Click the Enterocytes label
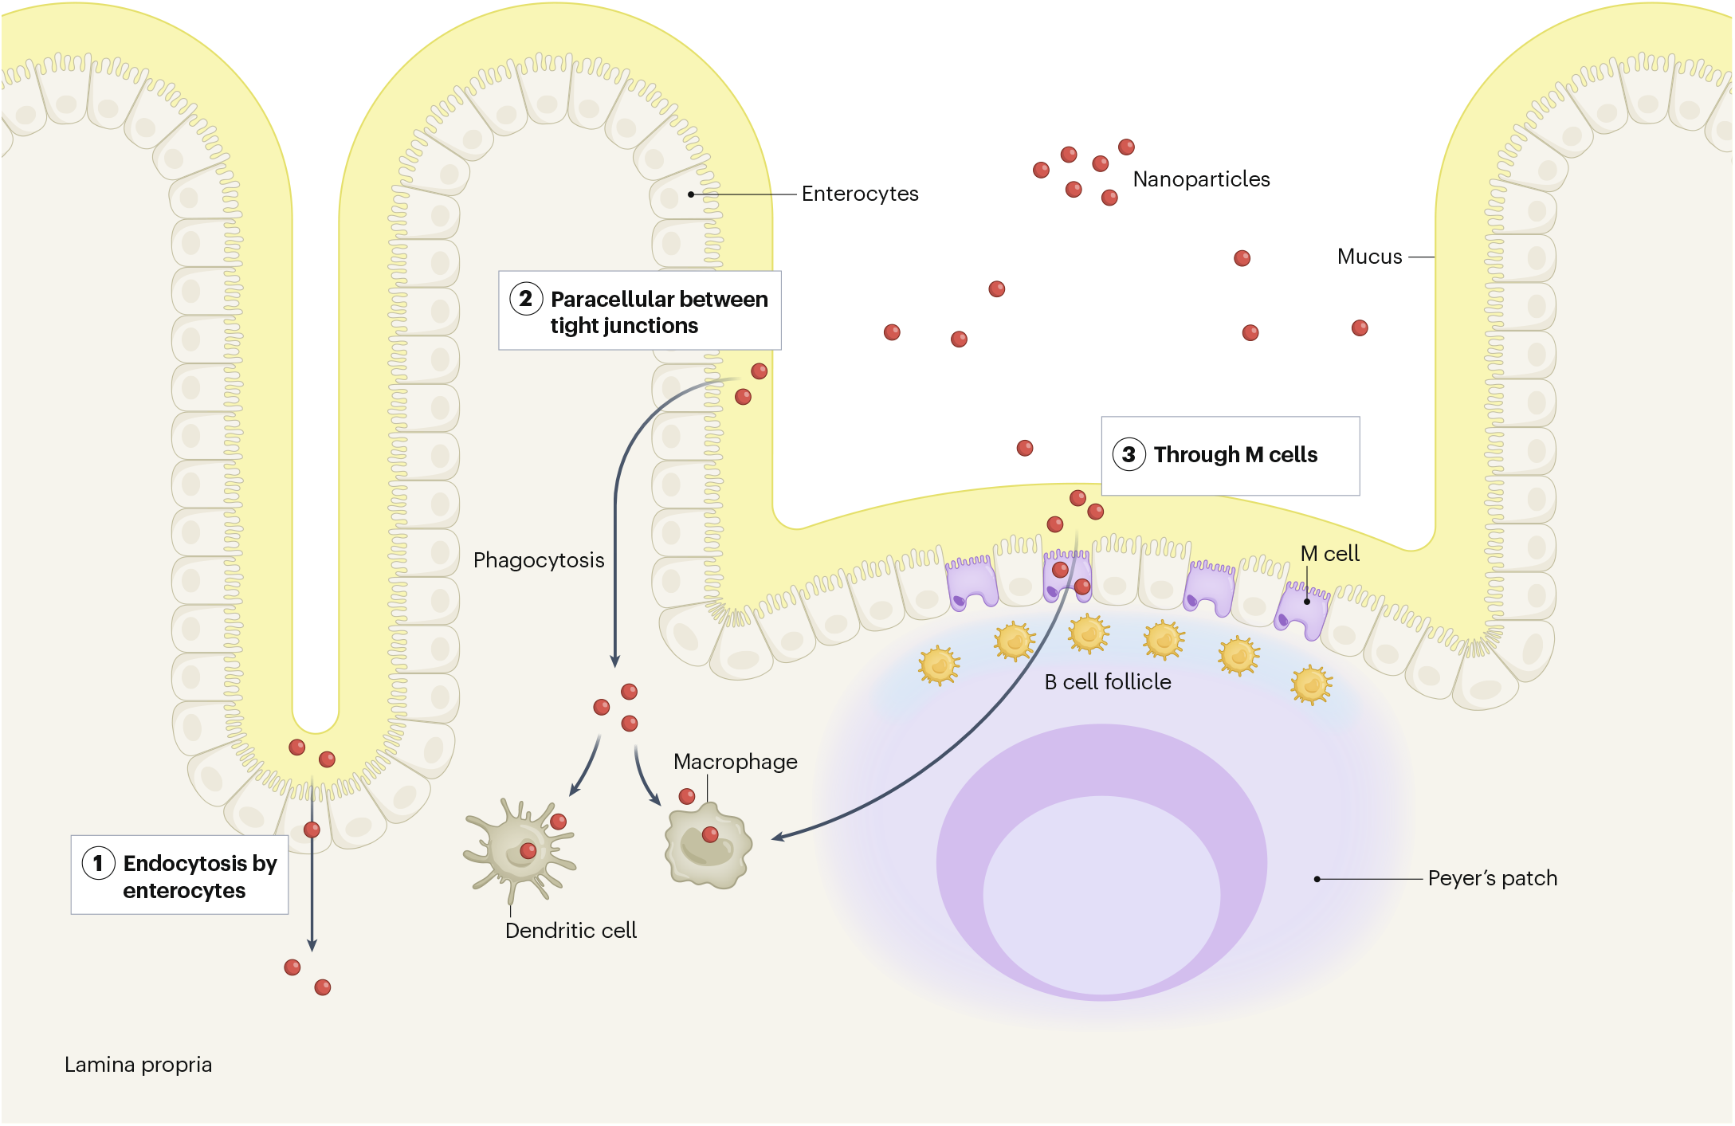859,194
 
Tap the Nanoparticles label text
1200,179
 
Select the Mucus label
1368,257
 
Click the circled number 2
526,299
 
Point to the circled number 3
1129,454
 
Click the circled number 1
98,863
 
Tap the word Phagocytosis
538,560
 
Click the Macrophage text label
734,762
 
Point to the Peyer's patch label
1491,878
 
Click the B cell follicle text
1107,682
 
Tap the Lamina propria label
138,1065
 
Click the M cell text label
1329,554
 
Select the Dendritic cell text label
571,931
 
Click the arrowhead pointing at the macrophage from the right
778,837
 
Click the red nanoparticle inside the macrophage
709,834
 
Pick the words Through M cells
1235,454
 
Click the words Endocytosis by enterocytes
199,877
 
